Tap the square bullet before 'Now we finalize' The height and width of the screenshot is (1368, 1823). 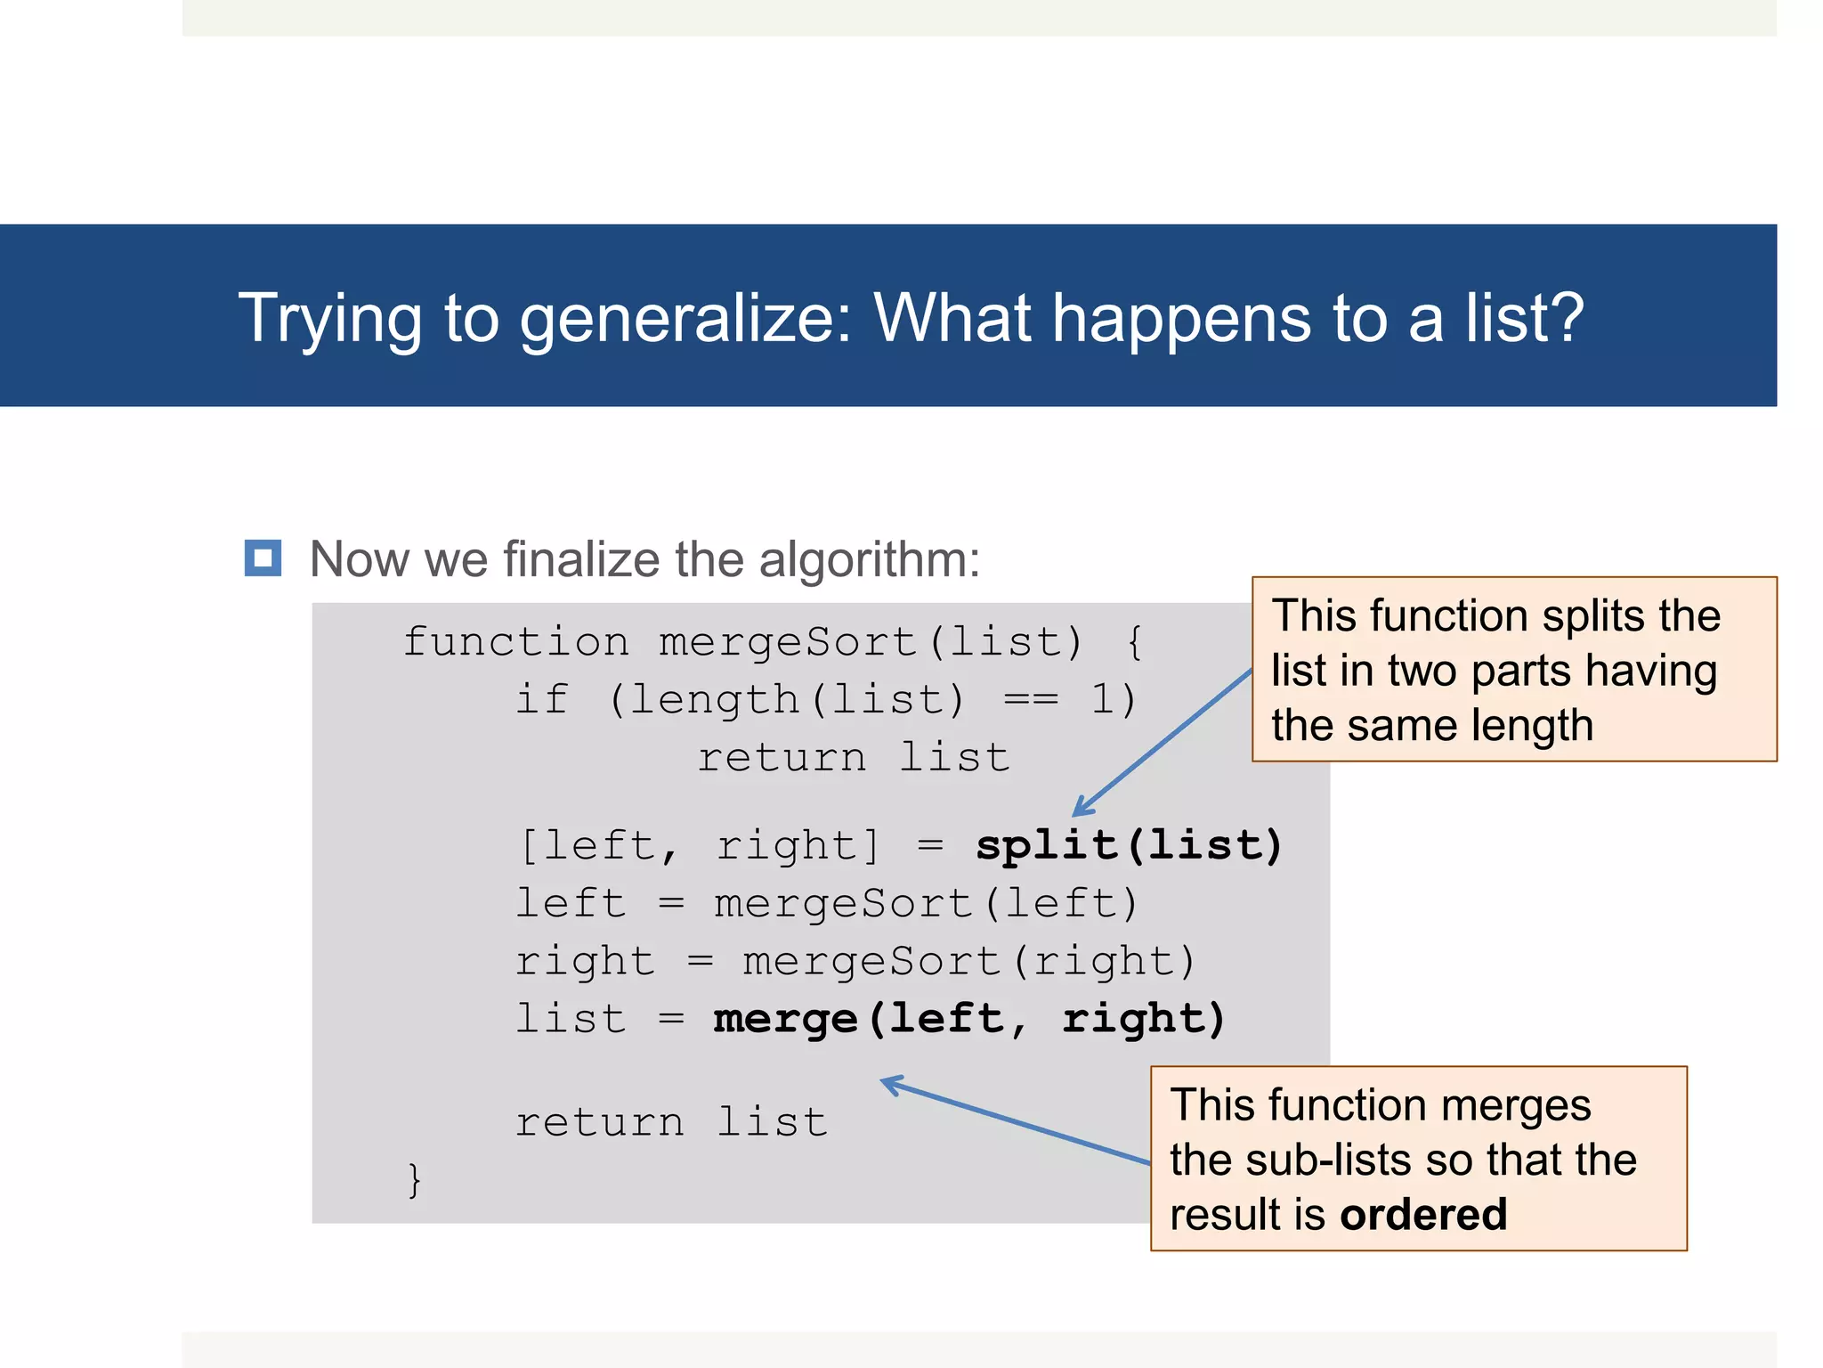pyautogui.click(x=263, y=558)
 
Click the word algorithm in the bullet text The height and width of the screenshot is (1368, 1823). pyautogui.click(x=870, y=560)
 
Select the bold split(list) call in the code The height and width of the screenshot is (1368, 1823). pyautogui.click(x=1129, y=844)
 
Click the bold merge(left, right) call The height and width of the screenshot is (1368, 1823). pyautogui.click(x=969, y=1018)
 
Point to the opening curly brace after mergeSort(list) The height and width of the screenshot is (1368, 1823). pyautogui.click(x=1134, y=641)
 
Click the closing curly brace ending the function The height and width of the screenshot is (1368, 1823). pyautogui.click(x=414, y=1179)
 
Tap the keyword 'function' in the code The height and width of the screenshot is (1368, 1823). pyautogui.click(x=516, y=641)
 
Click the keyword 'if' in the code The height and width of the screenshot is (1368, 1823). pyautogui.click(x=541, y=699)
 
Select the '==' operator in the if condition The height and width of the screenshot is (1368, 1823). pyautogui.click(x=1031, y=699)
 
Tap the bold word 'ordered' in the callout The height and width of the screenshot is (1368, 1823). pyautogui.click(x=1422, y=1215)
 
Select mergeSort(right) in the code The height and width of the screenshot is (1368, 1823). pyautogui.click(x=969, y=961)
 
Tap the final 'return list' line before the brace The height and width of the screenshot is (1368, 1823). pyautogui.click(x=671, y=1121)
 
